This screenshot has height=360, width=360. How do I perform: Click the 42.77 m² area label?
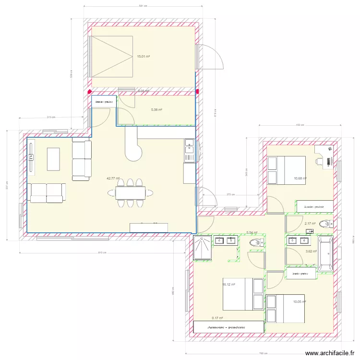113,178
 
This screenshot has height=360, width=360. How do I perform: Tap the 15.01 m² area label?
143,56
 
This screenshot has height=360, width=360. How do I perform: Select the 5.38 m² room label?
156,110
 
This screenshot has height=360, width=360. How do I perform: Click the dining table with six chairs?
130,193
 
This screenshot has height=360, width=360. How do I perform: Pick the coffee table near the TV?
53,158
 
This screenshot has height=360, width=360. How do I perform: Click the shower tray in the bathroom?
202,248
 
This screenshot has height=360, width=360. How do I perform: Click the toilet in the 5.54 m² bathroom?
257,243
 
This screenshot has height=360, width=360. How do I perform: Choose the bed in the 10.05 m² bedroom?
286,308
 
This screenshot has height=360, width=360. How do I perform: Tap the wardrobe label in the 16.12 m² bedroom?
226,327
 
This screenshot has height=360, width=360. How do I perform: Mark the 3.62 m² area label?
311,251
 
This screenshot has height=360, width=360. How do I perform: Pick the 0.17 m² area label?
217,317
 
